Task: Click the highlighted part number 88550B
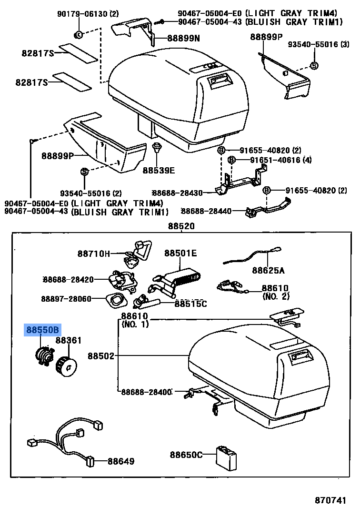point(43,330)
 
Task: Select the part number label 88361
point(69,340)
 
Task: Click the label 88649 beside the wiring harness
point(120,461)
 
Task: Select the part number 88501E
point(180,254)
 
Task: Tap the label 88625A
point(268,271)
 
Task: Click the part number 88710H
point(94,254)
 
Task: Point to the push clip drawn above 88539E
point(156,147)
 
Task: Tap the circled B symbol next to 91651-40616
point(231,160)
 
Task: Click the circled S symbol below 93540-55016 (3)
point(314,66)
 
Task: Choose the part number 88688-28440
point(206,211)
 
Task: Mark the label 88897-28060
point(66,298)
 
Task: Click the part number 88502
point(101,355)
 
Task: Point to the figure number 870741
point(330,500)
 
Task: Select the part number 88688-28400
point(146,392)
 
